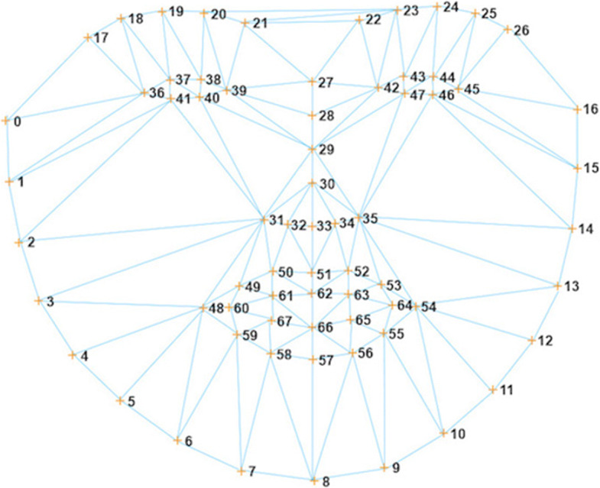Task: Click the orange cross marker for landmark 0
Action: click(6, 121)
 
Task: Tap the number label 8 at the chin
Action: click(326, 482)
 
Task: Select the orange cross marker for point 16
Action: click(577, 110)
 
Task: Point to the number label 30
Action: click(327, 185)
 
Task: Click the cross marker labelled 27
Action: click(312, 82)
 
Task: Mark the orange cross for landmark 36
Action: click(143, 93)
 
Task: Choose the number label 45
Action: click(472, 89)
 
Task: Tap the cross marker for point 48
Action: click(202, 309)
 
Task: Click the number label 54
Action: click(429, 307)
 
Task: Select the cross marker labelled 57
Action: click(312, 359)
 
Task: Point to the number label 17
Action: click(100, 39)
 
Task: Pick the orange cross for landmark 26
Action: click(508, 30)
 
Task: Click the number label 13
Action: click(572, 286)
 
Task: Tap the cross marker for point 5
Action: click(120, 400)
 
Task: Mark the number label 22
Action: click(373, 21)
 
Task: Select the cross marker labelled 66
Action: click(312, 328)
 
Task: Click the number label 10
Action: click(458, 435)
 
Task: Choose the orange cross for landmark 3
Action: click(38, 302)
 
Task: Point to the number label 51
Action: click(325, 275)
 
